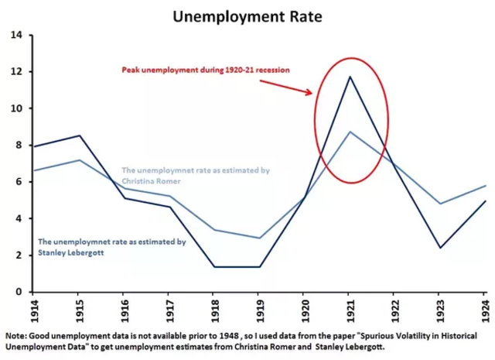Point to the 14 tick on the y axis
click(17, 35)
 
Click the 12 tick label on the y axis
click(17, 71)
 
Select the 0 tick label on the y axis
click(20, 292)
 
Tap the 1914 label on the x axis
click(34, 308)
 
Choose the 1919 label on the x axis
click(261, 308)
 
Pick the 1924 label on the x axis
click(486, 308)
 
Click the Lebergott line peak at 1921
click(350, 77)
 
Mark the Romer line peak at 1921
click(350, 132)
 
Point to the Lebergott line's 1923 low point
click(440, 248)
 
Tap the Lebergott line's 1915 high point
click(79, 135)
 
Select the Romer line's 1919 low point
click(260, 238)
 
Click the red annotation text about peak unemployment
click(205, 69)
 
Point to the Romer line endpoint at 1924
click(486, 186)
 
